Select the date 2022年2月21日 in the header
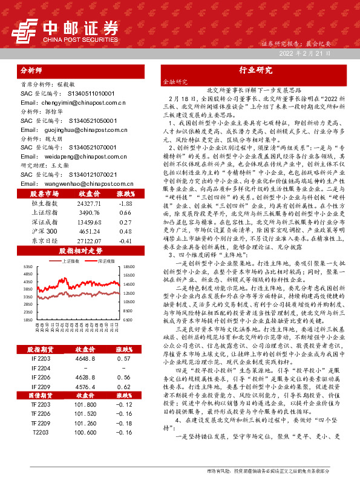pos(304,54)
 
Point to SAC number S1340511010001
pos(88,94)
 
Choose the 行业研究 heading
pos(255,70)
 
